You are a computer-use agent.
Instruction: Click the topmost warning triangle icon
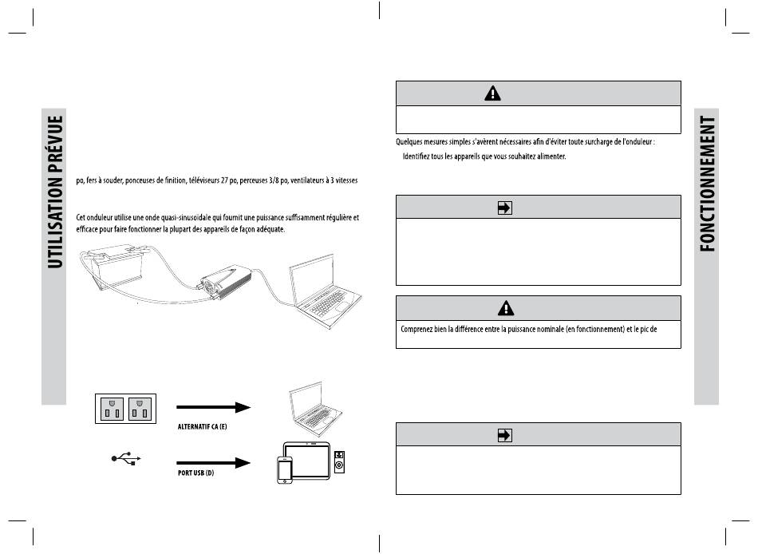coord(494,93)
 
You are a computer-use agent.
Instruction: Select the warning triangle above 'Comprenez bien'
coord(494,307)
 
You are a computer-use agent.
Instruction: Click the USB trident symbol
coord(127,459)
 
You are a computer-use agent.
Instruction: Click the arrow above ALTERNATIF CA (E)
coord(213,408)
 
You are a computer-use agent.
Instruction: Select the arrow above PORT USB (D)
coord(213,461)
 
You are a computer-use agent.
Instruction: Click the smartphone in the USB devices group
coord(285,469)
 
